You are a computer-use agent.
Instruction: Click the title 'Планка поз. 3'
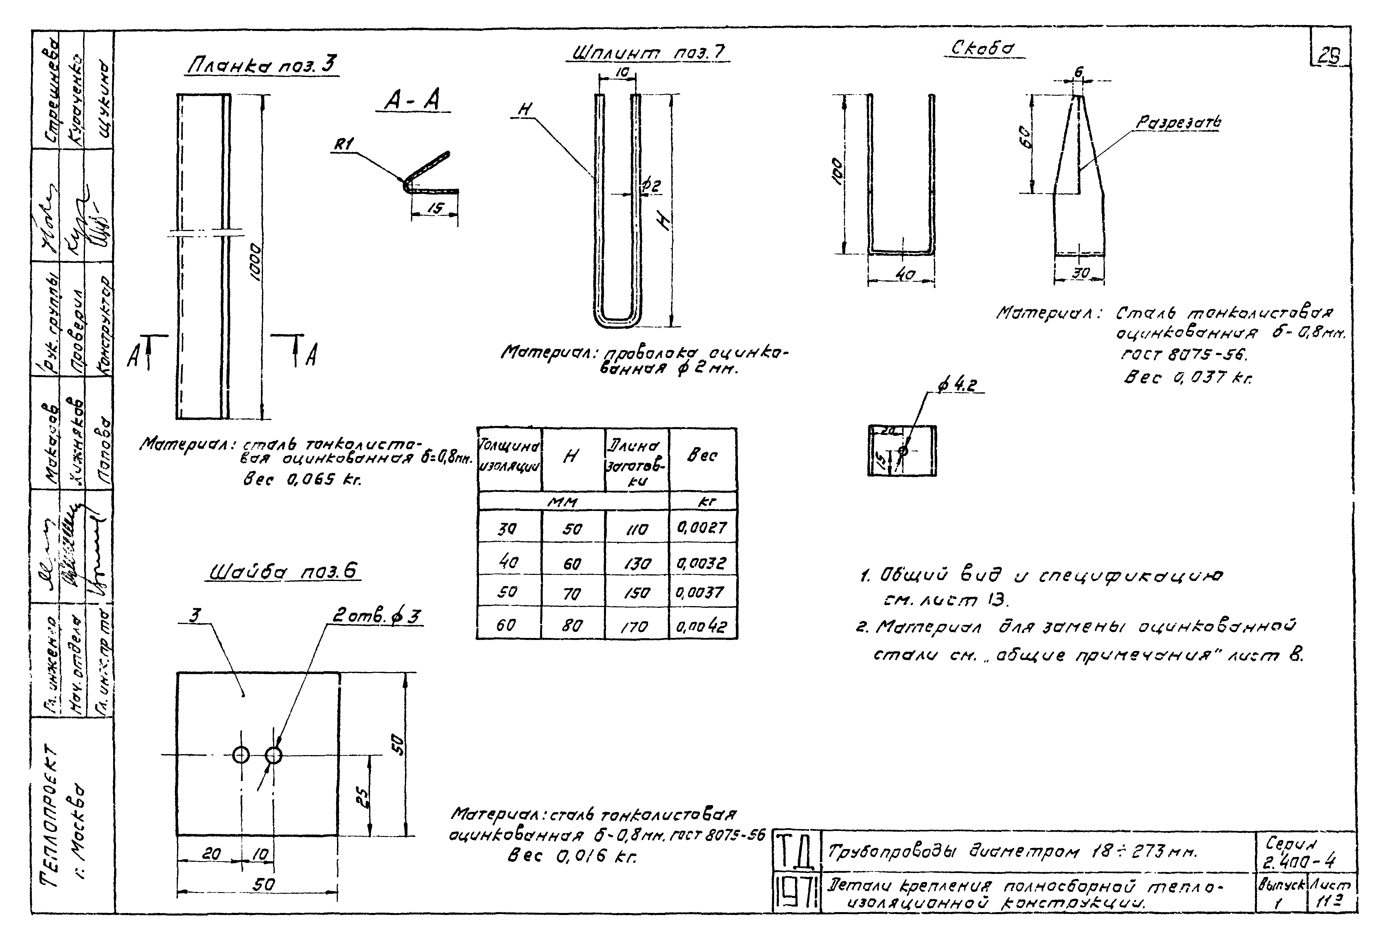(x=262, y=64)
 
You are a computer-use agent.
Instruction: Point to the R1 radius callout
(x=344, y=144)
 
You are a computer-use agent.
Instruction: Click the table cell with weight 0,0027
(x=702, y=528)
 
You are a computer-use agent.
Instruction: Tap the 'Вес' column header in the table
(x=702, y=456)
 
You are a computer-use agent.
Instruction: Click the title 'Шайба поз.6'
(x=283, y=572)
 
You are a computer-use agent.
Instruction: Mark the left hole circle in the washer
(x=241, y=755)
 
